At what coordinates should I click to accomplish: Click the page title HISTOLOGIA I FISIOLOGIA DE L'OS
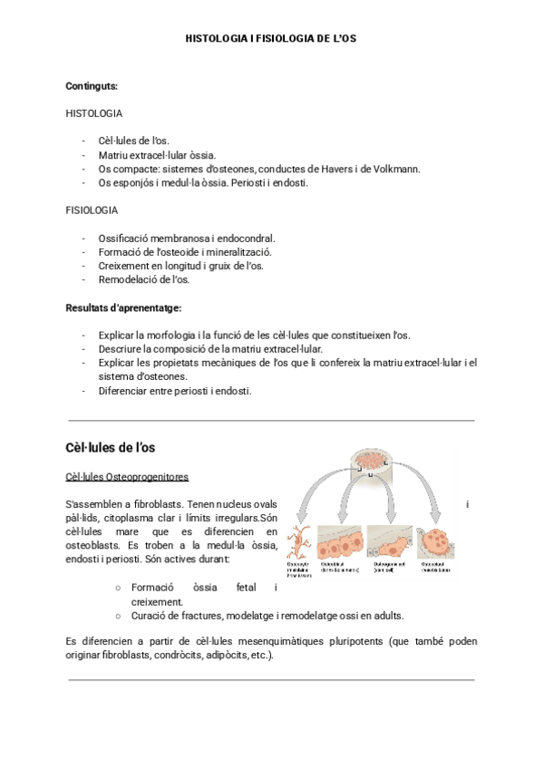(271, 40)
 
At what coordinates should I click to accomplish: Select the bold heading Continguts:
(92, 86)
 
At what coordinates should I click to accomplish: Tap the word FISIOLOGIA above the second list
(92, 209)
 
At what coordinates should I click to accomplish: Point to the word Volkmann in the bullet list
(395, 169)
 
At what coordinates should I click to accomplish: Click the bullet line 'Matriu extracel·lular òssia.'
(157, 155)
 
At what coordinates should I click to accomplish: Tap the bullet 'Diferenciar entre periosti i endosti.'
(174, 391)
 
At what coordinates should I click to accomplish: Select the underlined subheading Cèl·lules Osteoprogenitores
(127, 477)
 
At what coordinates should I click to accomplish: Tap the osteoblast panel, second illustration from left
(335, 542)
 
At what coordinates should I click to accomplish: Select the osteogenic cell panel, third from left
(388, 542)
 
